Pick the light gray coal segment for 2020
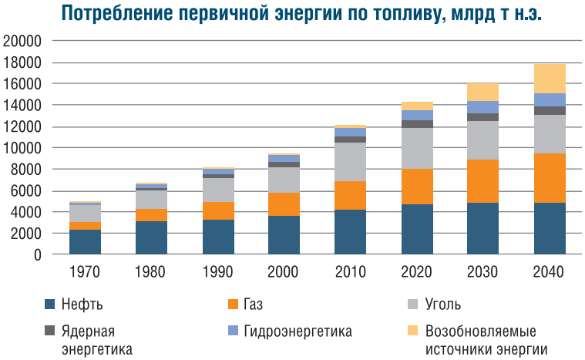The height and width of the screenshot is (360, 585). click(416, 148)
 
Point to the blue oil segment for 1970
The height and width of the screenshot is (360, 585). click(86, 242)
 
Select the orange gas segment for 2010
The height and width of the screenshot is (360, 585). click(350, 195)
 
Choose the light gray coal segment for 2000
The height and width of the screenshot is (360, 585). click(284, 180)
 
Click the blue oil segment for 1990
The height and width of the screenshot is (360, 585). click(218, 237)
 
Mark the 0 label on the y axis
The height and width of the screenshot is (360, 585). click(36, 254)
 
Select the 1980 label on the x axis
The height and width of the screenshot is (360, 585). click(152, 271)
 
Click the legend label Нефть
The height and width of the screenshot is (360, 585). click(81, 304)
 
